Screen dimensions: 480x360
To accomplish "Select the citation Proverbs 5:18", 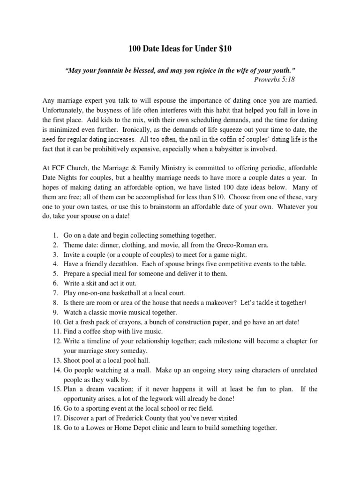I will click(x=275, y=79).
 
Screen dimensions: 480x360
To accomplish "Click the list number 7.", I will click(x=54, y=293).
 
